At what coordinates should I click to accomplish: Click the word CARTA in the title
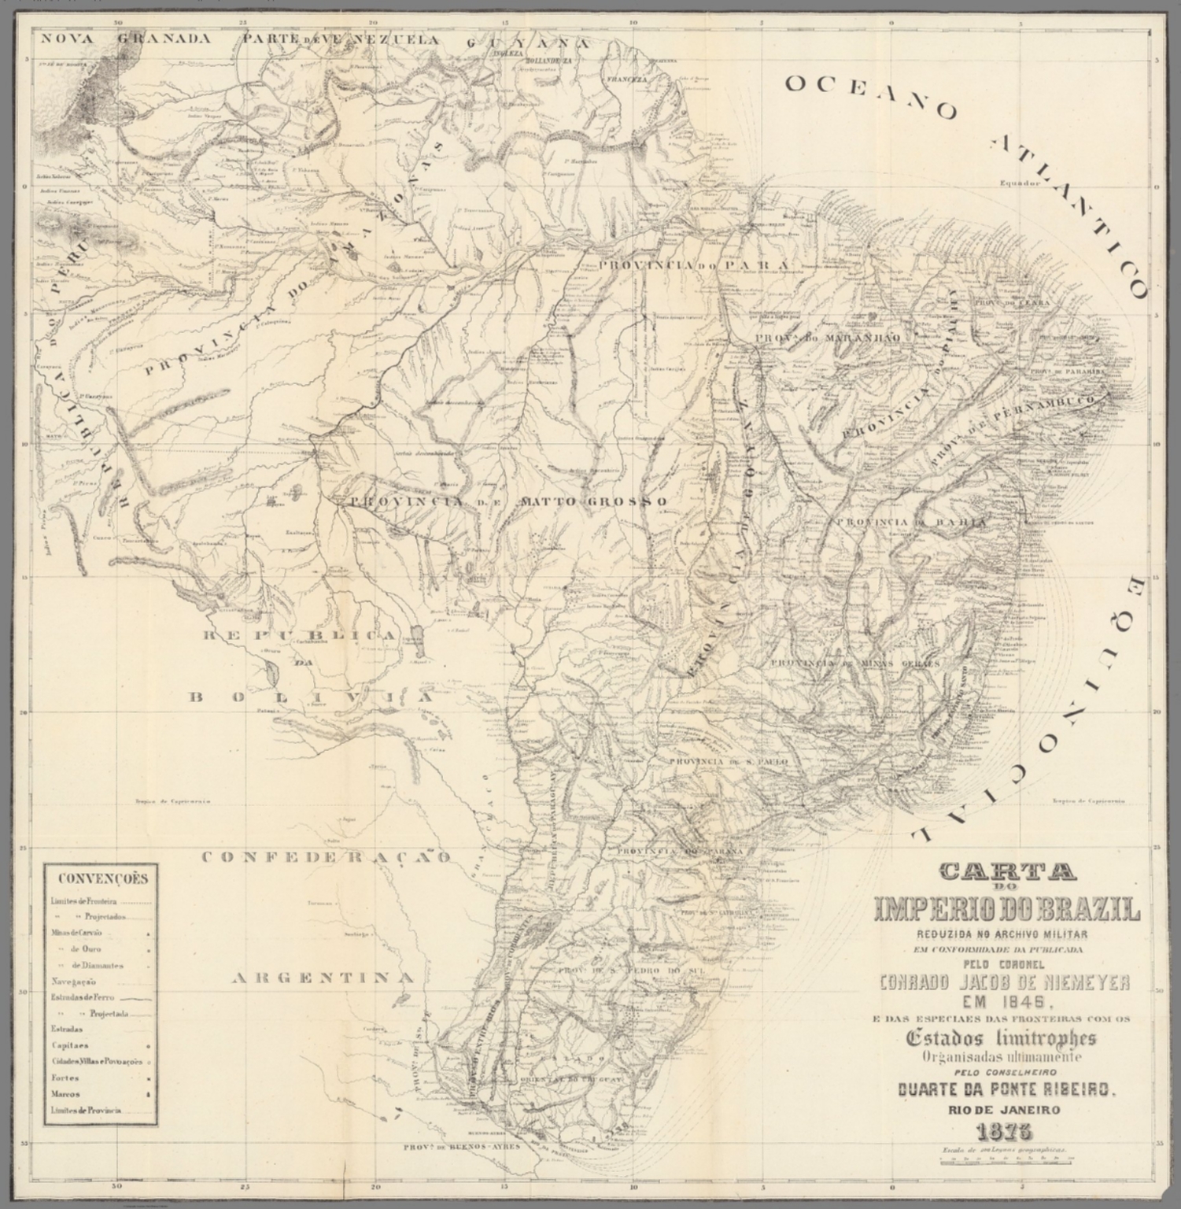[x=1008, y=871]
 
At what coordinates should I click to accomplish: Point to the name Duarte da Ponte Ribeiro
[x=1007, y=1090]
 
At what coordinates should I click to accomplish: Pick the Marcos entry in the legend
[x=65, y=1094]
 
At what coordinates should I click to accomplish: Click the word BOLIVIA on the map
[x=312, y=697]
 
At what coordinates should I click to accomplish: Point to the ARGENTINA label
[x=323, y=978]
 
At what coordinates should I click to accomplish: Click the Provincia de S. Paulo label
[x=728, y=762]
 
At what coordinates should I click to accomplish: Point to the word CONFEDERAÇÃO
[x=327, y=856]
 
